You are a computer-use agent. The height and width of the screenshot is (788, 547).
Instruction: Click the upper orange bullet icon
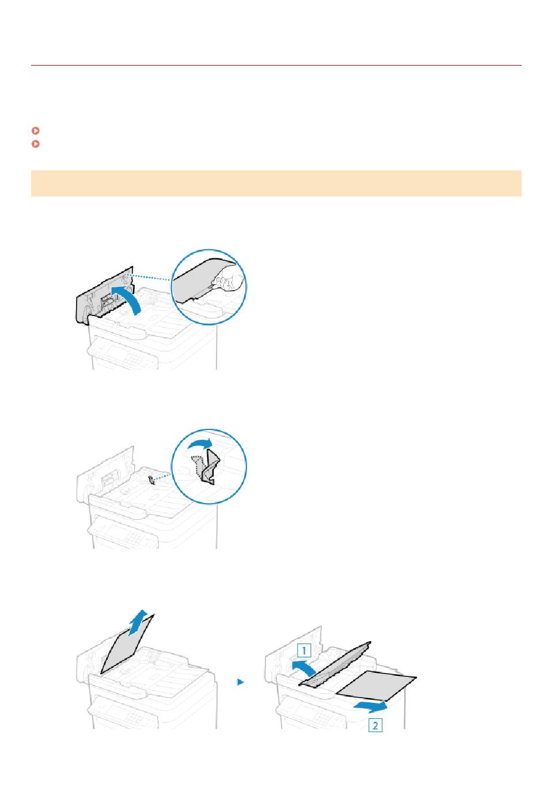click(x=35, y=131)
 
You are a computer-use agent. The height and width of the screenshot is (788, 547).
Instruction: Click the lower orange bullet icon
click(x=35, y=144)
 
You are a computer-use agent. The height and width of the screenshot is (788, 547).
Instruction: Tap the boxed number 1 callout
click(x=304, y=650)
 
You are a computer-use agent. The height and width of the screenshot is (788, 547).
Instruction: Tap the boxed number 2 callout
click(x=375, y=725)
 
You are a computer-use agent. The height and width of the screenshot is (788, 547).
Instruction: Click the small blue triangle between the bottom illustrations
click(x=241, y=682)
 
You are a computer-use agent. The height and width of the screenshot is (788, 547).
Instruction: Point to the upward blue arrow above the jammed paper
click(x=138, y=622)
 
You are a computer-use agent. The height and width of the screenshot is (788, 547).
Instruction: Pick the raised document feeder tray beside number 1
click(x=335, y=664)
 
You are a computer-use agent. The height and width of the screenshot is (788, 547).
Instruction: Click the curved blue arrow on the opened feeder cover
click(x=128, y=298)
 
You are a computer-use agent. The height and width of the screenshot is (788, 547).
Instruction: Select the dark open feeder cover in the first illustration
click(x=105, y=295)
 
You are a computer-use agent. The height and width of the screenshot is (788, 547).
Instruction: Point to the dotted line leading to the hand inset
click(x=149, y=277)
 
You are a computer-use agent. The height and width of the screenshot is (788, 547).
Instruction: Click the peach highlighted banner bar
click(x=276, y=183)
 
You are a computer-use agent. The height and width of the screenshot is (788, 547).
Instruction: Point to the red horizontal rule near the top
click(x=276, y=65)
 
